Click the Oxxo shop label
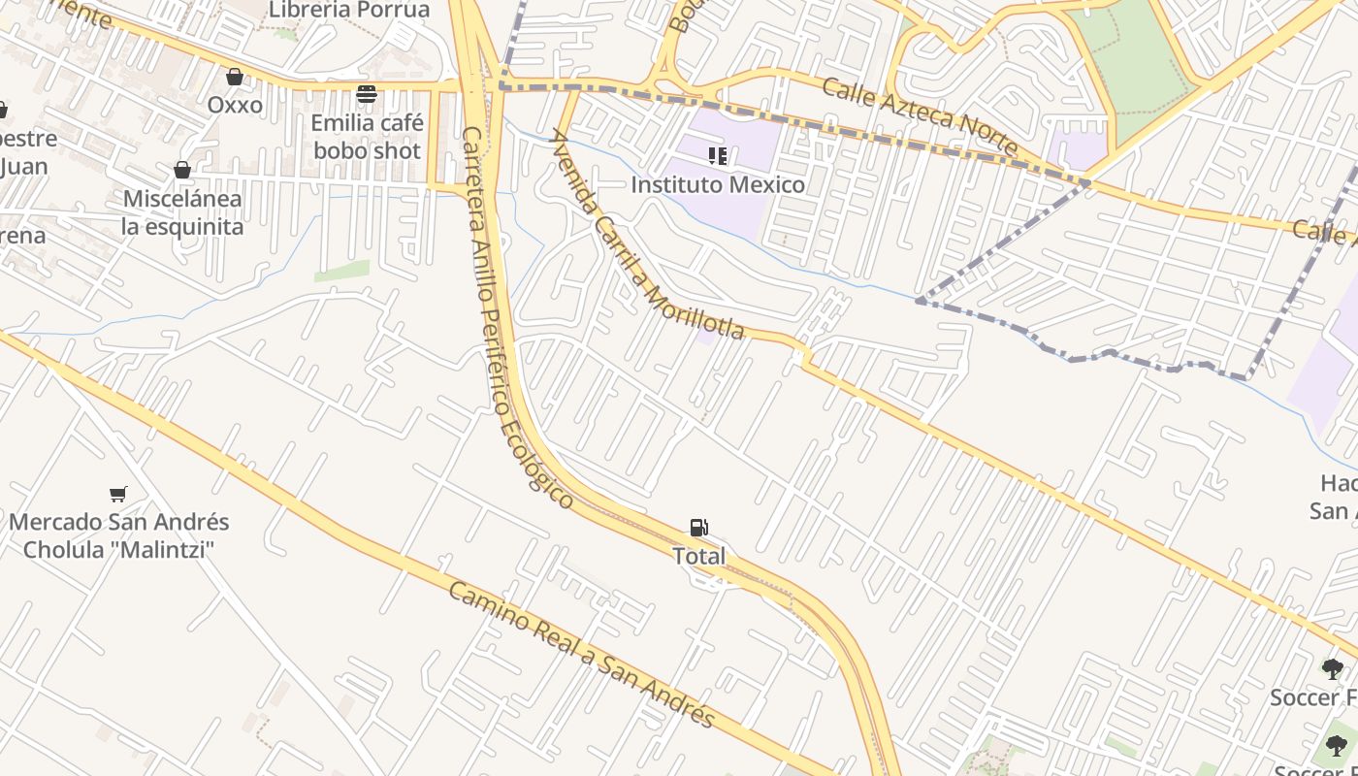pos(235,104)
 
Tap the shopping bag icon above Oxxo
pos(235,76)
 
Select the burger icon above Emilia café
pos(367,94)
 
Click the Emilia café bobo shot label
pos(367,137)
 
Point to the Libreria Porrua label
pos(349,10)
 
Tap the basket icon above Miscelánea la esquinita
pos(182,171)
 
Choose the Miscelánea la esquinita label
pos(182,212)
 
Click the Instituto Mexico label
pos(718,184)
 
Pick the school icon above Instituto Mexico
pos(718,156)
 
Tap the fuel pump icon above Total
pos(698,528)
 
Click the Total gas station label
pos(698,556)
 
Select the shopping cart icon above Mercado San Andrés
pos(118,495)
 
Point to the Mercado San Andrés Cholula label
pos(118,535)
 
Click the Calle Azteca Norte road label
pos(920,118)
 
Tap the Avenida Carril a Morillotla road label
pos(647,237)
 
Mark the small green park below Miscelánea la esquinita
pos(341,272)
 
